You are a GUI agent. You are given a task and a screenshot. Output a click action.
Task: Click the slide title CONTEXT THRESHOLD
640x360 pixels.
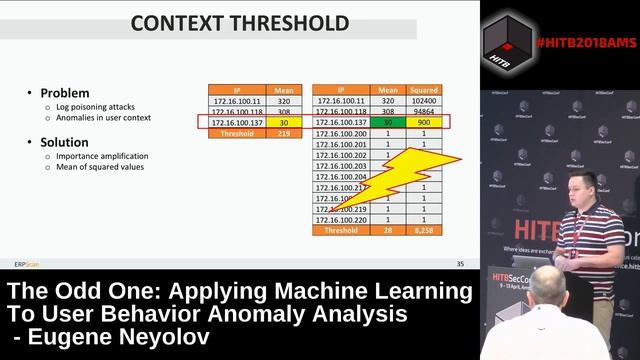(x=239, y=21)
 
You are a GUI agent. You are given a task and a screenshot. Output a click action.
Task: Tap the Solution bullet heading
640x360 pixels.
(x=63, y=142)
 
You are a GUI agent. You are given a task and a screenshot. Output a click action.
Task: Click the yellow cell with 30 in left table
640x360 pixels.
(x=284, y=122)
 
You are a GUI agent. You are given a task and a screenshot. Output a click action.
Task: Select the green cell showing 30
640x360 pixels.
(x=386, y=122)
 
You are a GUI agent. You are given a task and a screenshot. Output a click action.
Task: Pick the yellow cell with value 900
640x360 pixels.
(x=423, y=122)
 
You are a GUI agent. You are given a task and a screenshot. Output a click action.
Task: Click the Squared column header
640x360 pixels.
(x=423, y=90)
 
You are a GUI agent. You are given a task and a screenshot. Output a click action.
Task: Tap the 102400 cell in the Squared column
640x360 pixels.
(x=423, y=101)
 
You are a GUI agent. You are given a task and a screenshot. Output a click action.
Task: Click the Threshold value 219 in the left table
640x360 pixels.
(x=284, y=133)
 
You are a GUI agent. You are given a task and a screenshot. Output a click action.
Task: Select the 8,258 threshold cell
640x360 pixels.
(x=423, y=231)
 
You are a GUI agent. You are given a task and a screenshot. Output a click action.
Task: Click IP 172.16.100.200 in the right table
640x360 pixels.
(x=341, y=133)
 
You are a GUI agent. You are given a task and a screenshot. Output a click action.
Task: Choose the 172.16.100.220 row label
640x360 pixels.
(x=341, y=220)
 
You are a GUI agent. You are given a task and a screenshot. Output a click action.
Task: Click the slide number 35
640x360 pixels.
(x=460, y=264)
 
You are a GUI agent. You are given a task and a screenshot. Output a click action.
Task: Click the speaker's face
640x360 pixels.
(x=579, y=190)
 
